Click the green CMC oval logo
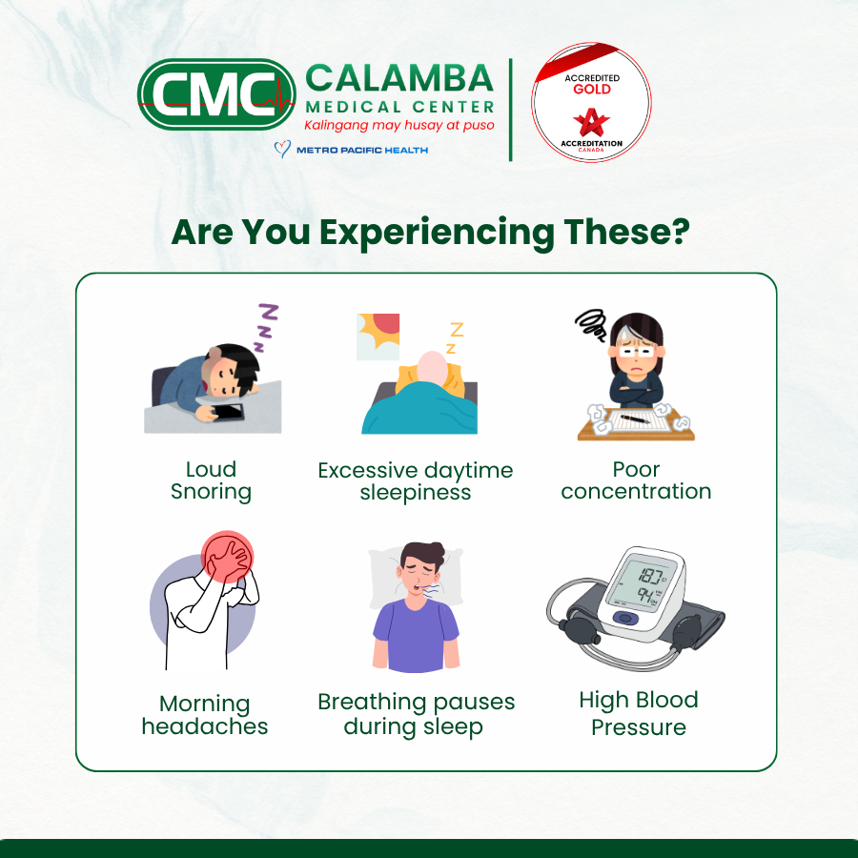tap(216, 94)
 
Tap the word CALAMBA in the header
tap(399, 78)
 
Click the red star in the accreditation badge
tap(591, 122)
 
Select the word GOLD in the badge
tap(592, 90)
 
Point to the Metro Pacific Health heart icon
tap(282, 149)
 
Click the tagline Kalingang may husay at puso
tap(398, 125)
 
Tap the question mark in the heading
tap(679, 231)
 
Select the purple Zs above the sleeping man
tap(266, 327)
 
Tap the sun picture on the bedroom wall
tap(378, 337)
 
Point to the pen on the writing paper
tap(635, 419)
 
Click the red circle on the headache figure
tap(227, 557)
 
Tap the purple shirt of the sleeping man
tap(416, 635)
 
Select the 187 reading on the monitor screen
tap(651, 576)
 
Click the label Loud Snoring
tap(211, 480)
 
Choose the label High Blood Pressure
tap(639, 713)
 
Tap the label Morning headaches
tap(205, 715)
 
